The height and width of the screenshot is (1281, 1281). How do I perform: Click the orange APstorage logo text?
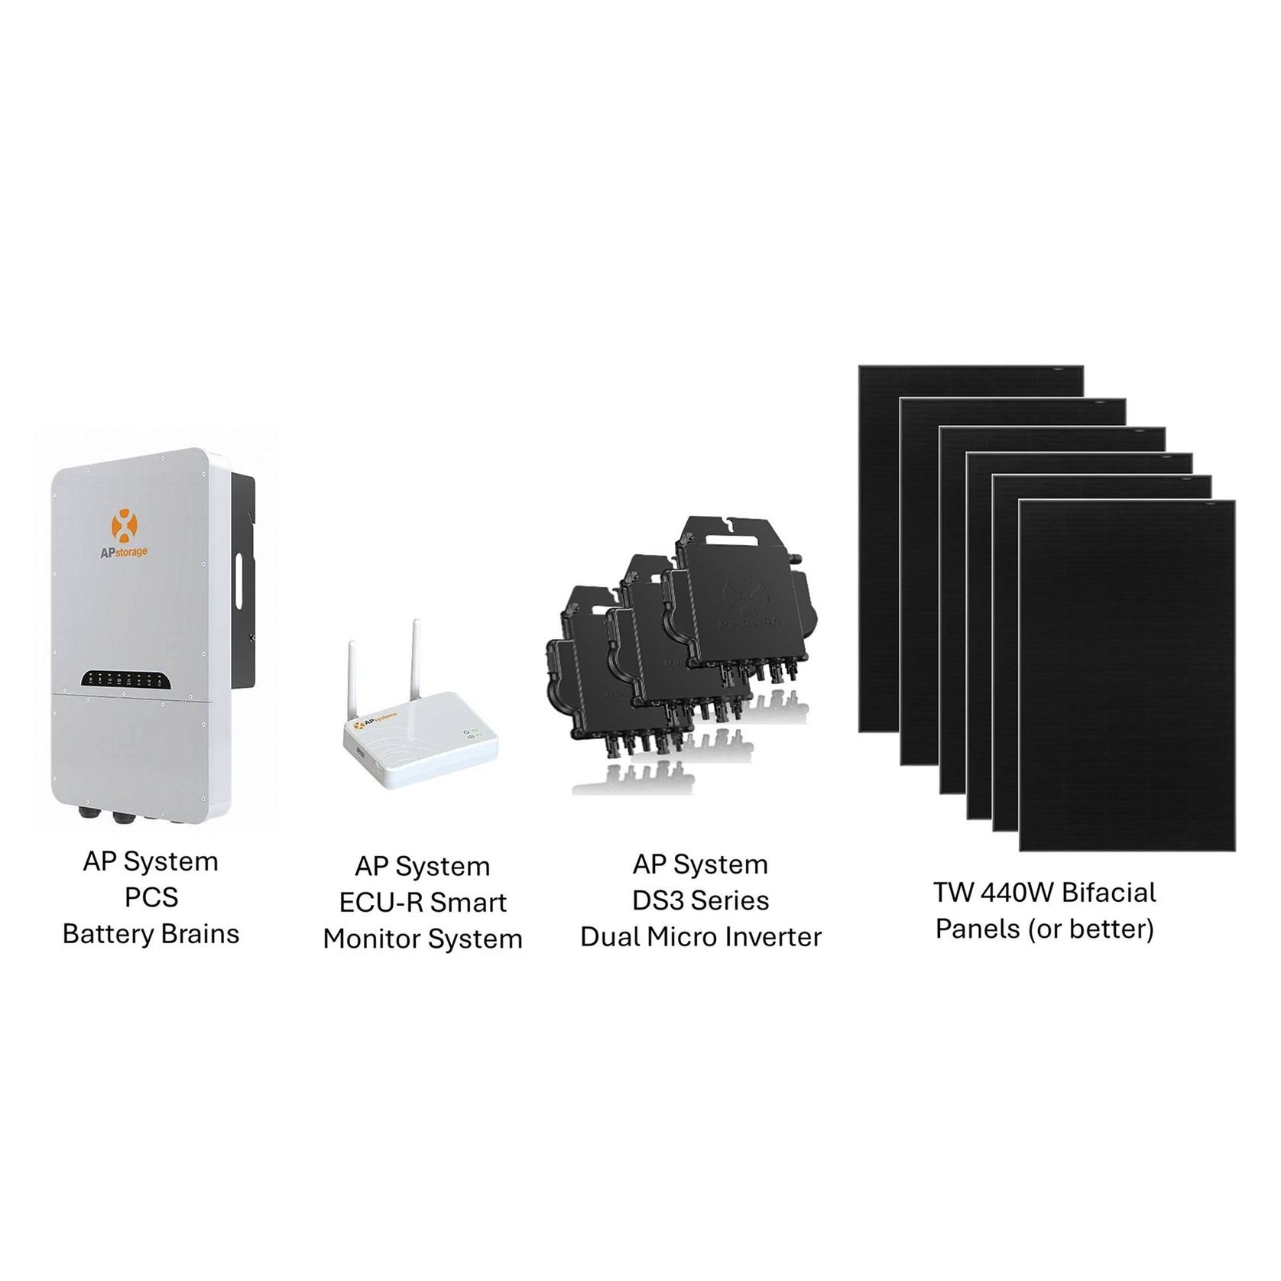click(x=125, y=551)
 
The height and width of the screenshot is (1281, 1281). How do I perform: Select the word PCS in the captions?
click(x=151, y=897)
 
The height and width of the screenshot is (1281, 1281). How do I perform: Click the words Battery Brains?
click(x=151, y=933)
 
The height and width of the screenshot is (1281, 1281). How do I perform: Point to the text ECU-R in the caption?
click(x=375, y=903)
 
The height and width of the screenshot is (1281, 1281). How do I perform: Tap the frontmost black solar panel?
click(x=1127, y=676)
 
